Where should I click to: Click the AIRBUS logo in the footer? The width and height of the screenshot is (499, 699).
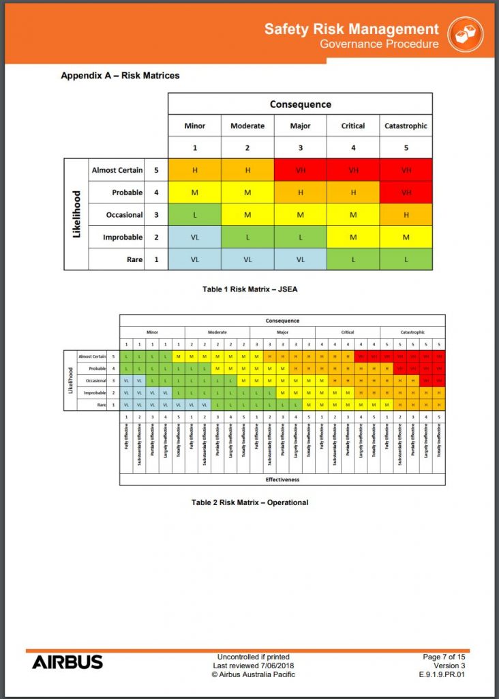67,662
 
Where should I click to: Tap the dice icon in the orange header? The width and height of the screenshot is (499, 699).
466,34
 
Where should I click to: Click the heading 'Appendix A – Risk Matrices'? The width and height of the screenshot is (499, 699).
120,75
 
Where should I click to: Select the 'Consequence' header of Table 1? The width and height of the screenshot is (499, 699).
300,104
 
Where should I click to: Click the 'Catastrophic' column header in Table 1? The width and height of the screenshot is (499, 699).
406,126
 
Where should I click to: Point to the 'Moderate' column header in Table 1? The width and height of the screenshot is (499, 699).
247,126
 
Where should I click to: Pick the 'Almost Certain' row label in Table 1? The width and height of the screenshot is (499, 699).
117,170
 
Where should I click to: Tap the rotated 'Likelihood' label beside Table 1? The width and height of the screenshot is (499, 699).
76,214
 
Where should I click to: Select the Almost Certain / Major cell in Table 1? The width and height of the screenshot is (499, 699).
300,170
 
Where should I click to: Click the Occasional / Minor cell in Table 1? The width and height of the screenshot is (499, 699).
194,214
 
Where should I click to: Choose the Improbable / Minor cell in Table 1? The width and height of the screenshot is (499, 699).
194,237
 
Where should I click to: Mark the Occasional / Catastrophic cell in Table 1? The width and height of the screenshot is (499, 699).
406,214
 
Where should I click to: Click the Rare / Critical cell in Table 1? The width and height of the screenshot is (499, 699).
353,259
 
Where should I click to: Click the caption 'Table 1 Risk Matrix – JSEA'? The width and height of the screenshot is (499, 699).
249,289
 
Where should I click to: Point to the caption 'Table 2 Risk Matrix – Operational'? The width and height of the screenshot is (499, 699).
249,502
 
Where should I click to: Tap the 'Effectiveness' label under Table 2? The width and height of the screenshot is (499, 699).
282,479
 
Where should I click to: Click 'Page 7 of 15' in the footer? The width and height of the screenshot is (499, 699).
444,657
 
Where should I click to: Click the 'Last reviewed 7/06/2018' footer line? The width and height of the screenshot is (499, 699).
253,666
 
